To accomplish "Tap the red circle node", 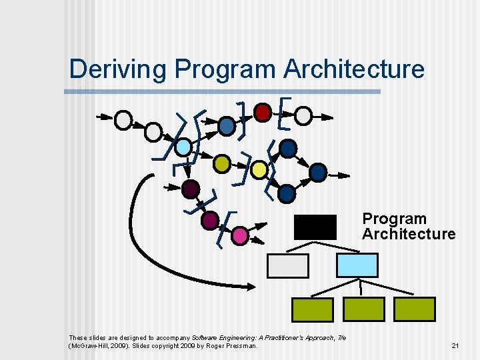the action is [263, 111].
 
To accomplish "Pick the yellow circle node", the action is [259, 170].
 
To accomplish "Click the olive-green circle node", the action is [223, 163].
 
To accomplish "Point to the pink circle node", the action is [240, 235].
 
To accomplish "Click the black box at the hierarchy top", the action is [315, 227].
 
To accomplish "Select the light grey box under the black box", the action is [288, 265].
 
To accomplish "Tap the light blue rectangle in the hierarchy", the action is [357, 265].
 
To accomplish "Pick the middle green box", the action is [364, 309].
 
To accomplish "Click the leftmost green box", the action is [313, 309].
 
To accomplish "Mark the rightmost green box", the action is [415, 309].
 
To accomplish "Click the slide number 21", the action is [455, 345].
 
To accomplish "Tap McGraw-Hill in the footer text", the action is [87, 345].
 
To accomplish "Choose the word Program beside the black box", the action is [394, 219].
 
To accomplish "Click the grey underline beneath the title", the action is [225, 91].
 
